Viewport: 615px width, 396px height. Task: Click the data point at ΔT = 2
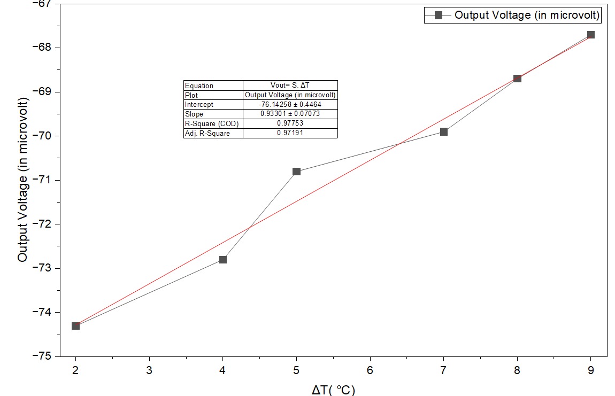pyautogui.click(x=75, y=325)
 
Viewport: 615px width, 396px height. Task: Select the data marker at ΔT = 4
pyautogui.click(x=223, y=260)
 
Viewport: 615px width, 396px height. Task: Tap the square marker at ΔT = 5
pyautogui.click(x=296, y=172)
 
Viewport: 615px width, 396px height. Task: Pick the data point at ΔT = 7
pyautogui.click(x=444, y=131)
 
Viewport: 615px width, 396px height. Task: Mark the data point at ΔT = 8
pyautogui.click(x=517, y=79)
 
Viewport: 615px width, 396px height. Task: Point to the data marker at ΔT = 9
pyautogui.click(x=591, y=35)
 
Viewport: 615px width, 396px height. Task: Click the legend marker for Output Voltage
pyautogui.click(x=438, y=15)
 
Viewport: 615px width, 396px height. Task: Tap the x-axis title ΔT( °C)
pyautogui.click(x=333, y=390)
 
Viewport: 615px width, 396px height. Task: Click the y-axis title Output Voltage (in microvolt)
pyautogui.click(x=22, y=180)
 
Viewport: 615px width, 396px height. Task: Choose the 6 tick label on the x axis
pyautogui.click(x=370, y=369)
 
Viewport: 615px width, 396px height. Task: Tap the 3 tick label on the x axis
pyautogui.click(x=149, y=369)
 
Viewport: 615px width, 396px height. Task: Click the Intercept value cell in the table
pyautogui.click(x=290, y=105)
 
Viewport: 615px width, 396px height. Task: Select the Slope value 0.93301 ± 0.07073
pyautogui.click(x=290, y=114)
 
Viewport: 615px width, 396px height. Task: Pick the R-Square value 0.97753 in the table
pyautogui.click(x=290, y=123)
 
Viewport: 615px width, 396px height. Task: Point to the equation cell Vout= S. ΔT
pyautogui.click(x=290, y=86)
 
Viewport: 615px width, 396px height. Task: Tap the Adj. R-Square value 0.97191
pyautogui.click(x=290, y=133)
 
